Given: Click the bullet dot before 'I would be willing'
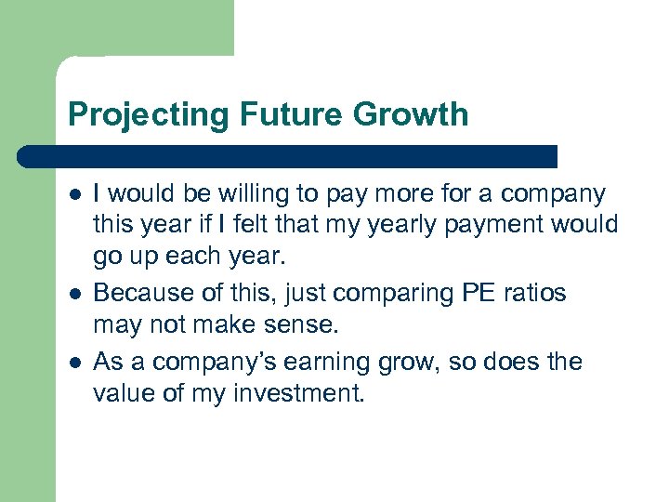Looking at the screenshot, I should [x=74, y=195].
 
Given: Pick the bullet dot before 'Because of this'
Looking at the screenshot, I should [x=74, y=294].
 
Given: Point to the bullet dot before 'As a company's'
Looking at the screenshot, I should [x=74, y=362].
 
